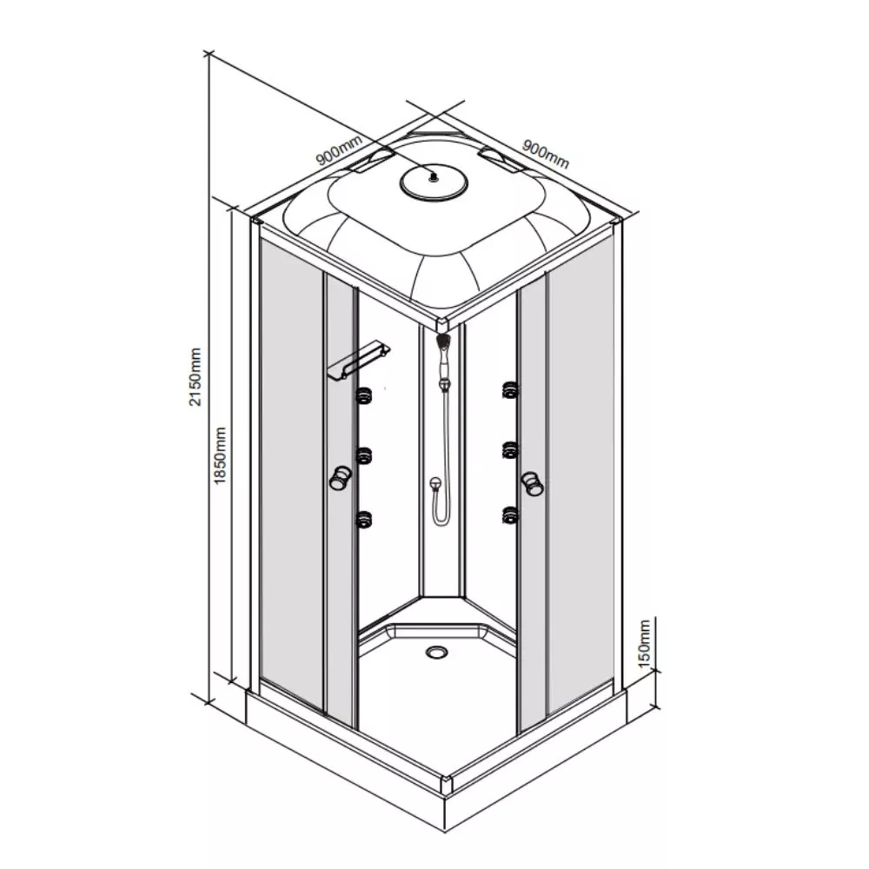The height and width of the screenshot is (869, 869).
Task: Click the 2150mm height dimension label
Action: point(195,377)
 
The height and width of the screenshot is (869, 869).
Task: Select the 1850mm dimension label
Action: point(220,455)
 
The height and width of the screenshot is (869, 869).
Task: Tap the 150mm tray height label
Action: point(644,643)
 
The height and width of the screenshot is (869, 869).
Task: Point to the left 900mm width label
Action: point(339,150)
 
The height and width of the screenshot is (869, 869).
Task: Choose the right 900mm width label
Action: point(546,153)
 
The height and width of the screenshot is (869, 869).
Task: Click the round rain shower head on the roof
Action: point(434,182)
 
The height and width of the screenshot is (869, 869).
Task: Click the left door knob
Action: point(339,477)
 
